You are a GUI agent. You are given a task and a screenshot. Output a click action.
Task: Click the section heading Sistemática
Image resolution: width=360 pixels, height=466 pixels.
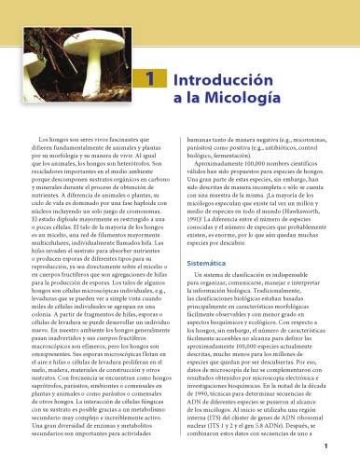click(x=198, y=239)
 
